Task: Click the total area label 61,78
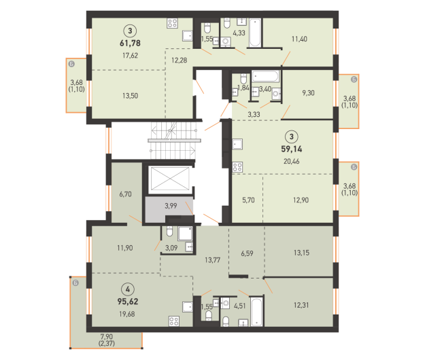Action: (130, 43)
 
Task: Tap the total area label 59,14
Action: (292, 149)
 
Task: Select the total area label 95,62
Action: (128, 302)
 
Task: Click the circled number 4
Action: (128, 289)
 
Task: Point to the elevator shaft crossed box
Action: (170, 179)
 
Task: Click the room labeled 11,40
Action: (299, 39)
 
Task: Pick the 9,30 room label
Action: (308, 93)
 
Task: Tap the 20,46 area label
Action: (292, 162)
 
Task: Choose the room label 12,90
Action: (301, 200)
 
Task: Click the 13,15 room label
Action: (301, 253)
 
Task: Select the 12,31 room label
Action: (301, 306)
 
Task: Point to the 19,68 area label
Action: (127, 314)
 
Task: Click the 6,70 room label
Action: (126, 194)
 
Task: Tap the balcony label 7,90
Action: (107, 337)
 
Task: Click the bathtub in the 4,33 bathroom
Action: (255, 33)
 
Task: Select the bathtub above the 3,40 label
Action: (265, 77)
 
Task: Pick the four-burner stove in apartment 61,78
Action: (173, 23)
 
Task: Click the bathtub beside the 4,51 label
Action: (256, 312)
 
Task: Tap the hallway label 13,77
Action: (212, 260)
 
